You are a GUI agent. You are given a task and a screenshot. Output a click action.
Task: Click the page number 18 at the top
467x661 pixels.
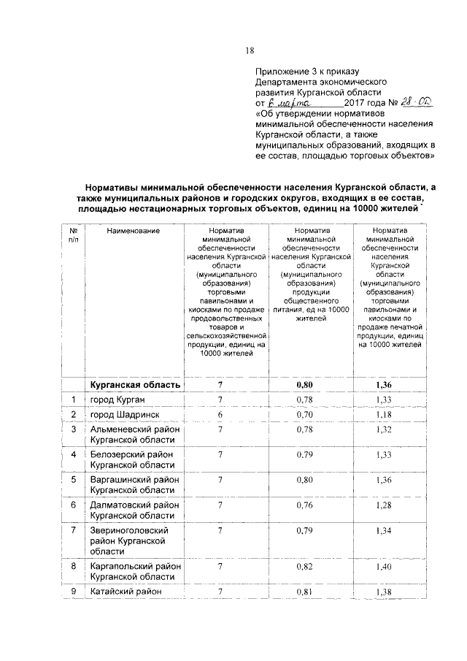point(250,50)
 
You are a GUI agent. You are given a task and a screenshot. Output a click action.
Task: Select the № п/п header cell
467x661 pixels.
point(73,234)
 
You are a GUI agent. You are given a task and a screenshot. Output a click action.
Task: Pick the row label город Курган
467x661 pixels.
point(117,400)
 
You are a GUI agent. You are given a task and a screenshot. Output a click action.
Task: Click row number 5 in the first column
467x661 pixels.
point(74,480)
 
